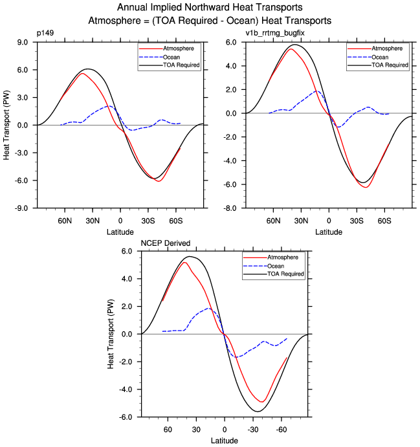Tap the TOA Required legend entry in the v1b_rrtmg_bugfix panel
click(x=389, y=65)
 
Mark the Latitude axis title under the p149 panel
click(x=120, y=231)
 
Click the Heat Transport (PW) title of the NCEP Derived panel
click(x=112, y=334)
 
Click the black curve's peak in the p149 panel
click(x=89, y=69)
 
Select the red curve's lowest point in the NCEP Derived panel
click(x=261, y=402)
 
